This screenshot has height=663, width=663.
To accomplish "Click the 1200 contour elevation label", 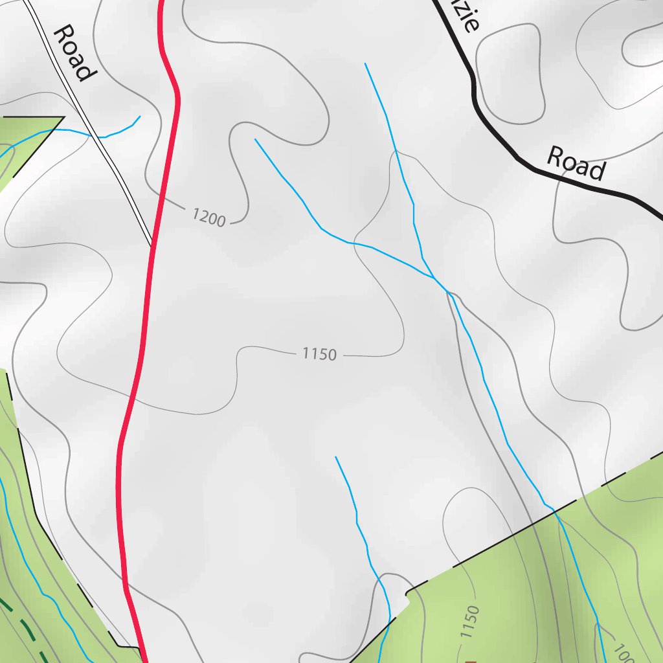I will click(208, 217).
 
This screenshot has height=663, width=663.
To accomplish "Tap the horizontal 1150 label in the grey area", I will click(319, 354).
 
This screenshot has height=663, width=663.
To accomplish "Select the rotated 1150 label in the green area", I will click(471, 622).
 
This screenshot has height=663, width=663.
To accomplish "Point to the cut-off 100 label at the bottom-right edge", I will click(622, 653).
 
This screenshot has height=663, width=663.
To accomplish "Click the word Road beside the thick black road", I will click(576, 163).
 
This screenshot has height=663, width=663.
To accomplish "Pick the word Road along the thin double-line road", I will click(71, 53).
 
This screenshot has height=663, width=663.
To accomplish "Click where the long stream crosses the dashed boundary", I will click(555, 511).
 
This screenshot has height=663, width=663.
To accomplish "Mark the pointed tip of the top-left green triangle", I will click(63, 117).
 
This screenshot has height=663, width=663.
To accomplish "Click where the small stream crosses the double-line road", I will click(101, 137).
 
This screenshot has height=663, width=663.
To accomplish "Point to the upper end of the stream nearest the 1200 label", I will click(256, 139).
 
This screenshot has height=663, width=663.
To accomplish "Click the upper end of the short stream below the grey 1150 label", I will click(335, 457).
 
